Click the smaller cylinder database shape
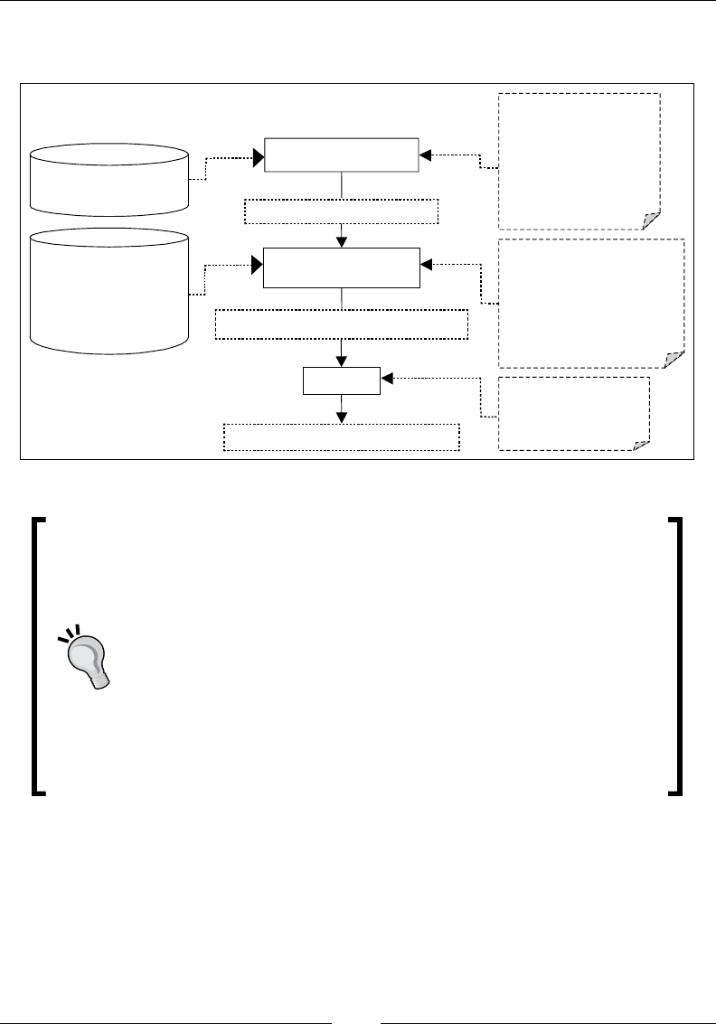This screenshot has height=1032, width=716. coord(108,179)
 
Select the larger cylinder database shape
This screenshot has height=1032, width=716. coord(108,288)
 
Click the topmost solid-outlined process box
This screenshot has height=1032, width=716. coord(342,155)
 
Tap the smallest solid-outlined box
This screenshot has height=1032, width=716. coord(342,382)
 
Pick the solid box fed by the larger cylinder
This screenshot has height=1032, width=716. coord(342,267)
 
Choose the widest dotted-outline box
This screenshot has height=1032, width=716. coord(342,324)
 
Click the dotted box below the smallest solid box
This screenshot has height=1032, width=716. coord(342,436)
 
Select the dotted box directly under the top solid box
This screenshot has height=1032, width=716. coord(342,211)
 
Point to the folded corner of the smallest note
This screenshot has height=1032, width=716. coord(642,445)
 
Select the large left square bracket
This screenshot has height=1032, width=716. coord(38,656)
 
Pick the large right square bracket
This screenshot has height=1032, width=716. coord(674,656)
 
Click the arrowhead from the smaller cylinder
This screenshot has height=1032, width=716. coord(259,158)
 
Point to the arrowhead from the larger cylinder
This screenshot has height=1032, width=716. coord(257,266)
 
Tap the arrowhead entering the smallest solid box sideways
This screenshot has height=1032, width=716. coord(387,377)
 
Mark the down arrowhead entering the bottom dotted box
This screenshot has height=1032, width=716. coord(342,417)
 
